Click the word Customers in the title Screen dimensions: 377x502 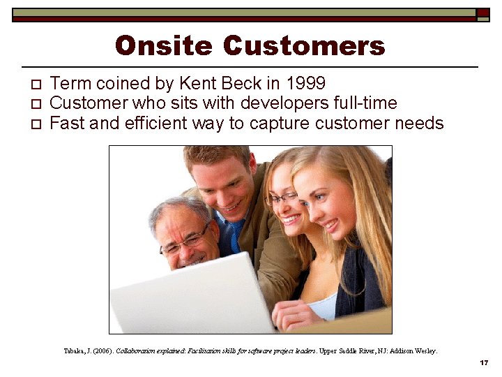(304, 46)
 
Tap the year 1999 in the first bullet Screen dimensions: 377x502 (305, 84)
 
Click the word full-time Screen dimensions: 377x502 (367, 104)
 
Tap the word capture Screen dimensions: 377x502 (284, 124)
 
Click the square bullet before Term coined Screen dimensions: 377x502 (37, 85)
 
